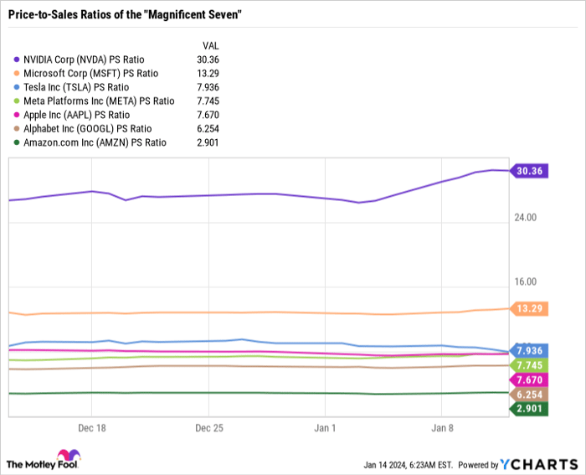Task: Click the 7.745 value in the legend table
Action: coord(208,101)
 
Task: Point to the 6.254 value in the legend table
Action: coord(208,129)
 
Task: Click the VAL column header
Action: coord(211,45)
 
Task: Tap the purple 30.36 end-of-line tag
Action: coord(529,171)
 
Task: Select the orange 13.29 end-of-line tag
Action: coord(529,308)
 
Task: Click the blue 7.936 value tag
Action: coord(529,350)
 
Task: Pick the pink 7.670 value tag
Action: coord(529,380)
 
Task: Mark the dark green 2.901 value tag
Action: coord(529,409)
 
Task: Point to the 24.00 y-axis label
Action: coord(526,217)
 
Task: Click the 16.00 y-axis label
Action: coord(526,281)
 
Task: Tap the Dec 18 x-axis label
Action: coord(92,428)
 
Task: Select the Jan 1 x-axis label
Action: coord(325,428)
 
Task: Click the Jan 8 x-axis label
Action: coord(442,428)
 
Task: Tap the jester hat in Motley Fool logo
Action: coord(69,455)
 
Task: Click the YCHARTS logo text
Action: coord(539,464)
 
